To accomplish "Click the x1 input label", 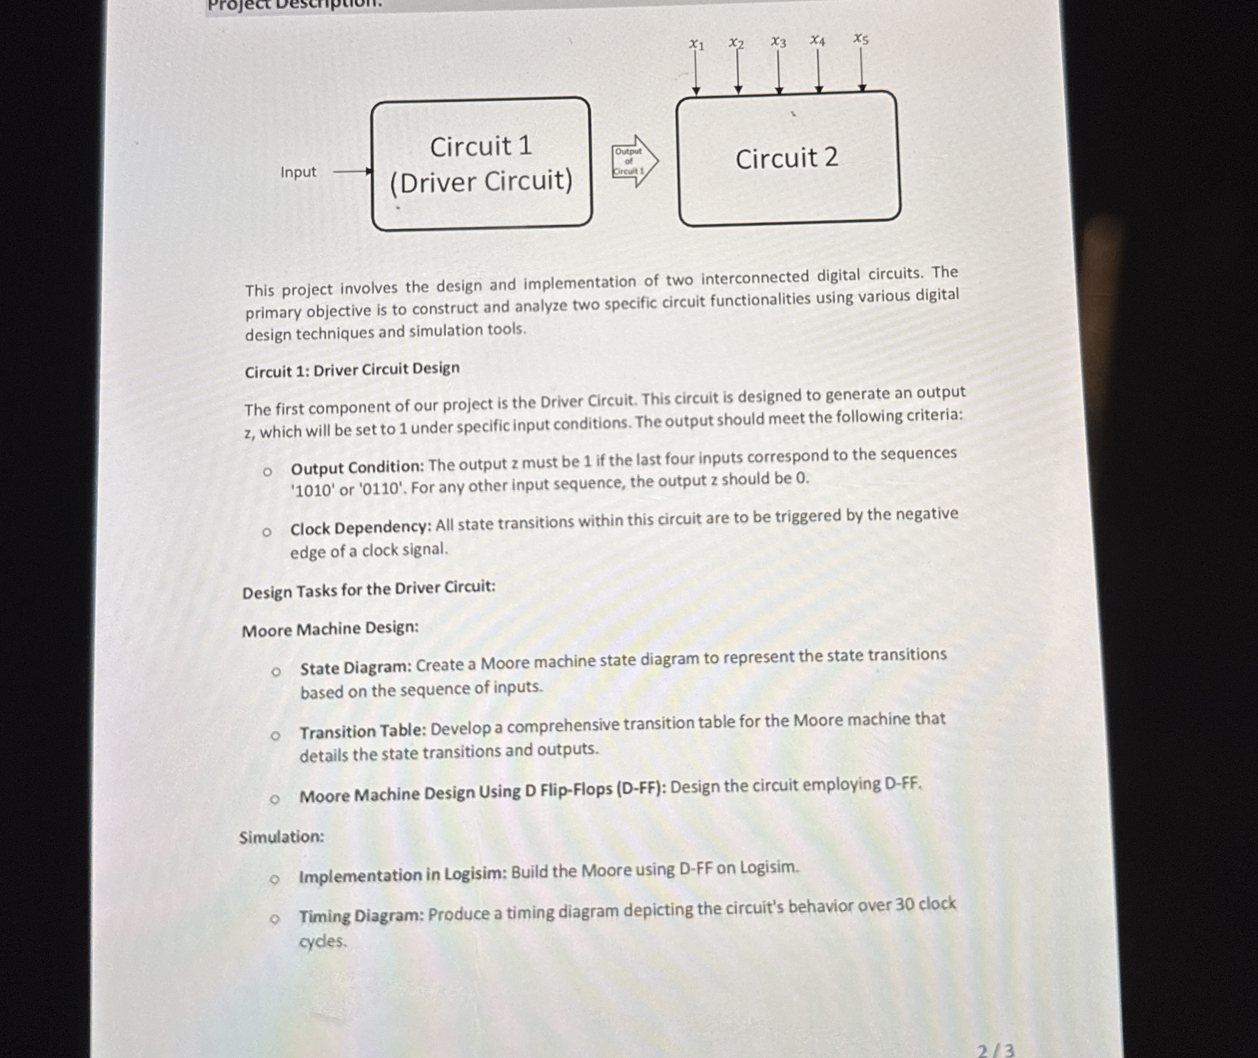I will coord(696,45).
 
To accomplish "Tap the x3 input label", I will coord(778,42).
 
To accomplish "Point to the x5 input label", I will coord(860,40).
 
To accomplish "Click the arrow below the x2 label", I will coord(738,73).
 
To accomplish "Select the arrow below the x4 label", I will coord(819,71).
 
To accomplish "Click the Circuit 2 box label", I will coord(787,159).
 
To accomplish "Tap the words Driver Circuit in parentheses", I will coord(481,182).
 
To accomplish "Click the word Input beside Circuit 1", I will coord(298,173).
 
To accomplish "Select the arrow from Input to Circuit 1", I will coord(353,172).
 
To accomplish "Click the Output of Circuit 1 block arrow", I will coord(634,161).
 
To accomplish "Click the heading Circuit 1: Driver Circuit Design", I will coord(353,370).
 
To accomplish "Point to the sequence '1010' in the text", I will coord(312,491).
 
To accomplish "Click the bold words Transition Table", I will coord(362,732).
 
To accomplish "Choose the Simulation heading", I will coord(282,837).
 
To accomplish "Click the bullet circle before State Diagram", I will coord(275,672).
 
